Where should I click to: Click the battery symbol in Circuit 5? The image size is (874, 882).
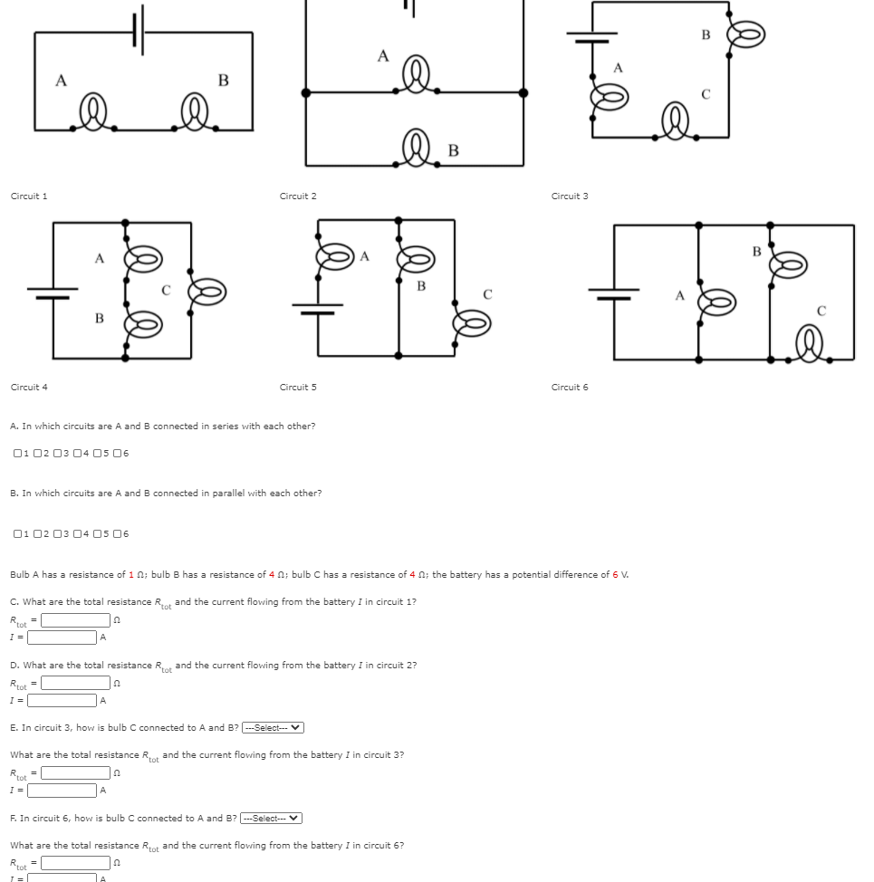(x=317, y=308)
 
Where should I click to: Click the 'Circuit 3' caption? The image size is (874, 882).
(x=570, y=197)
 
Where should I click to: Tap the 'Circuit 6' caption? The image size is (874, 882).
(x=570, y=388)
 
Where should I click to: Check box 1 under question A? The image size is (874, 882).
(x=18, y=454)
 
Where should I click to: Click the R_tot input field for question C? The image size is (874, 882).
(x=75, y=620)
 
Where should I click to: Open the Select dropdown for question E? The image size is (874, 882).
(x=272, y=728)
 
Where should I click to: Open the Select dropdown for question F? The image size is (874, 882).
(x=270, y=819)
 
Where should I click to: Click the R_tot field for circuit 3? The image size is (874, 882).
(x=75, y=773)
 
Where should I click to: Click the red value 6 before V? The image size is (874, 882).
(x=615, y=575)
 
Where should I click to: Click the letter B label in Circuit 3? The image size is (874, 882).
(x=706, y=35)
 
